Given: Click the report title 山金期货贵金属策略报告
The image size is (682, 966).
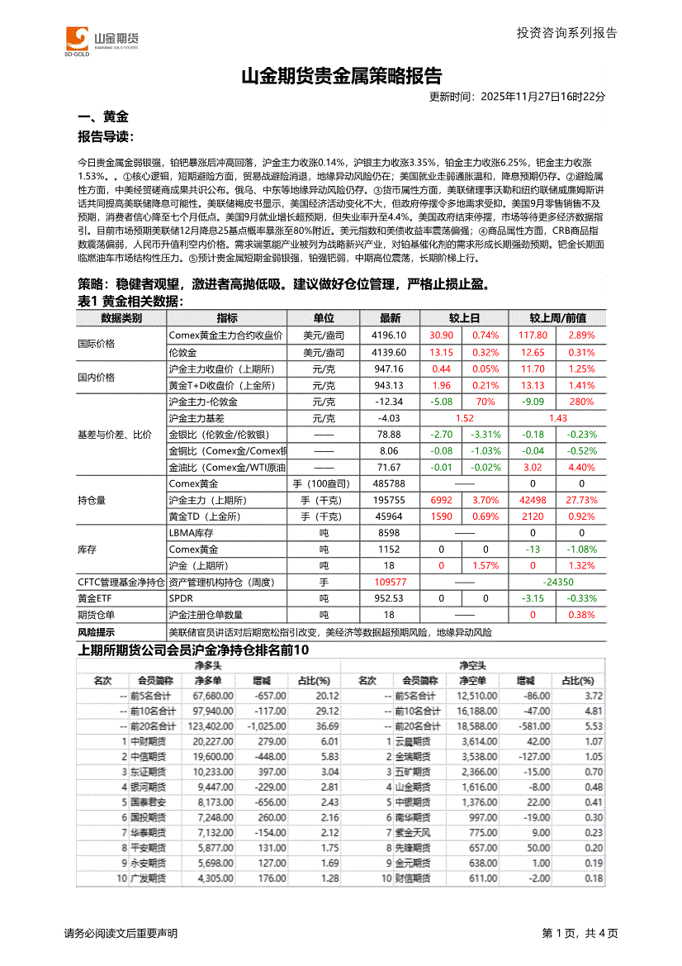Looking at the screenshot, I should (341, 77).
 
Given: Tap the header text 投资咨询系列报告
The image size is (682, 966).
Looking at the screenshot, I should (566, 33).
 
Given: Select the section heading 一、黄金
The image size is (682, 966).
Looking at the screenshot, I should (102, 117).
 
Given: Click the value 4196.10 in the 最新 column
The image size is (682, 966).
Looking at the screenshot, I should (390, 335).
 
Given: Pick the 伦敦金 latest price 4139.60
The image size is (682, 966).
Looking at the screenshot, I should (390, 352).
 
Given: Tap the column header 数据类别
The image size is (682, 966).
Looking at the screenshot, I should (121, 318).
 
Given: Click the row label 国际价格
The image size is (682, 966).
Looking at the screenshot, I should (97, 344).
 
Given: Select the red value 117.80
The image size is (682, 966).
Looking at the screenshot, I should (533, 335).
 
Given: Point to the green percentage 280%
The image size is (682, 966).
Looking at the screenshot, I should (582, 402).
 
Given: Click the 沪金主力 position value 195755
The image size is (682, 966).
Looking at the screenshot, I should (390, 500).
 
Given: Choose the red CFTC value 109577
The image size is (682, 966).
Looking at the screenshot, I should (390, 582).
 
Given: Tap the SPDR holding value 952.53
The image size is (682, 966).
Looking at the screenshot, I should (390, 598).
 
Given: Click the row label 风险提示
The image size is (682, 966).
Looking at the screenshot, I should (96, 632).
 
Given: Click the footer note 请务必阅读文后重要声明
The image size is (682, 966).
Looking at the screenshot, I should (121, 934).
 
